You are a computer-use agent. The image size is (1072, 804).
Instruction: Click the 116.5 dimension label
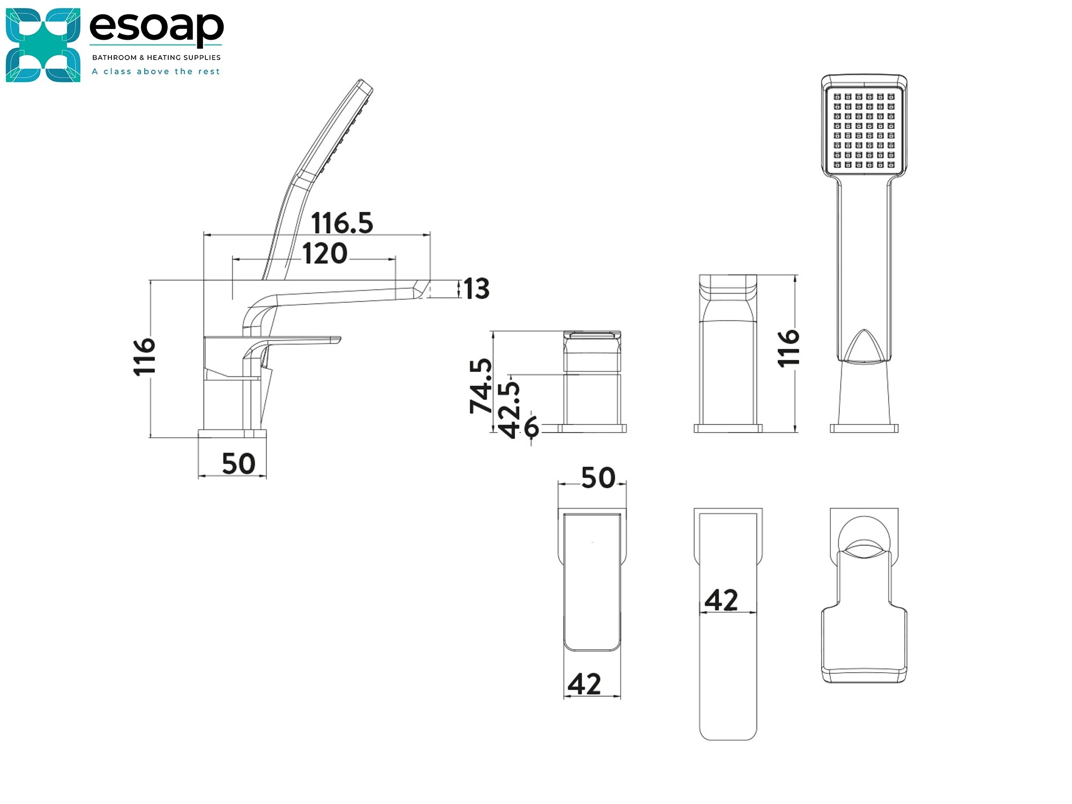pyautogui.click(x=342, y=222)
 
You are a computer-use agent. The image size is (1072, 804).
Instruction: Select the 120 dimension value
pyautogui.click(x=325, y=254)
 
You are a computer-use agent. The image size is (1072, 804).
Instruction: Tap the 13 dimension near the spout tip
pyautogui.click(x=477, y=289)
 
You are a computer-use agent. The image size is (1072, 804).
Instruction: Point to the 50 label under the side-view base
pyautogui.click(x=239, y=464)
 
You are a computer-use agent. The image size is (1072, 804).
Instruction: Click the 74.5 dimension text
pyautogui.click(x=481, y=386)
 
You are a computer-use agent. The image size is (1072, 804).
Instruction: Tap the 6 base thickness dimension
pyautogui.click(x=531, y=427)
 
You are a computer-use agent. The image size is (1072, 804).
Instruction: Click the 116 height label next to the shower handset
pyautogui.click(x=788, y=348)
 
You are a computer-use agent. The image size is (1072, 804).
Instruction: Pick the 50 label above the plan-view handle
pyautogui.click(x=598, y=477)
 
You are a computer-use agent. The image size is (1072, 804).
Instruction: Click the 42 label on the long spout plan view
pyautogui.click(x=721, y=600)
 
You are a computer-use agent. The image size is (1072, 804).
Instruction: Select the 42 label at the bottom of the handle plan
pyautogui.click(x=584, y=684)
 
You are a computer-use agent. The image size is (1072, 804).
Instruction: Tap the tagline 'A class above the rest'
pyautogui.click(x=156, y=71)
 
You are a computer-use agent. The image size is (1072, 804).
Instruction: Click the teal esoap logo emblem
pyautogui.click(x=43, y=45)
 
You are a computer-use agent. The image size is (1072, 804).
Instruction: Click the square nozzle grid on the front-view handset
pyautogui.click(x=864, y=131)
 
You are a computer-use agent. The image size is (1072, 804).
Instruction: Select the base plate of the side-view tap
pyautogui.click(x=232, y=433)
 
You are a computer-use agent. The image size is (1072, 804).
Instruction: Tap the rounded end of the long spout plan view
pyautogui.click(x=728, y=729)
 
